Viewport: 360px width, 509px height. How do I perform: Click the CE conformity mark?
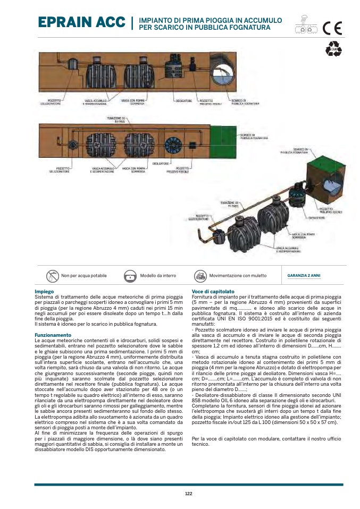(334, 26)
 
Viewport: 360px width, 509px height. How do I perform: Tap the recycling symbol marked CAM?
(333, 49)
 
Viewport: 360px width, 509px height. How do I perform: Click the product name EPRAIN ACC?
(82, 23)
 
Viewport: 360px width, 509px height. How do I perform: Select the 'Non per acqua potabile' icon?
(52, 276)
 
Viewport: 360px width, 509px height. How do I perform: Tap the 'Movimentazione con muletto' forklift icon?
(200, 276)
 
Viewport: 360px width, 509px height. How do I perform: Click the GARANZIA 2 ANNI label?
(304, 276)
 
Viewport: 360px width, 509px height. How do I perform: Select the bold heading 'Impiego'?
(44, 292)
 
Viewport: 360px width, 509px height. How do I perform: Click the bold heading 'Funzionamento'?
(53, 335)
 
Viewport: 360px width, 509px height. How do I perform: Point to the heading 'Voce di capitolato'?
(213, 292)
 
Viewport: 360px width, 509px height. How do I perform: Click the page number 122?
(188, 494)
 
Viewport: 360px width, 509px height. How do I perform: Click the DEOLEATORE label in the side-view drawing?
(184, 100)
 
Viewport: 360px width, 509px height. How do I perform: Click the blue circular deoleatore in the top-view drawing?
(173, 145)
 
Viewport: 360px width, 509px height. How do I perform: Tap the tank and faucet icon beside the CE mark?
(305, 27)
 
